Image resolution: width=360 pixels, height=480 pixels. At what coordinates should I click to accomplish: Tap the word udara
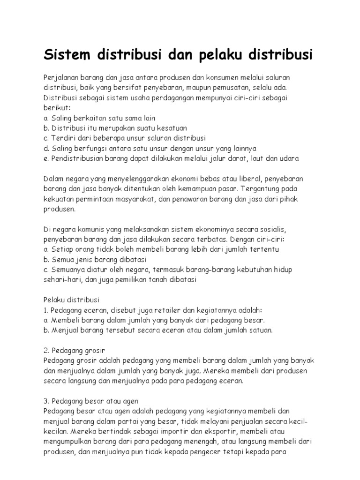[x=288, y=158]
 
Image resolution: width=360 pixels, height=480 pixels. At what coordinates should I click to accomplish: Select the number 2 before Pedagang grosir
[x=45, y=351]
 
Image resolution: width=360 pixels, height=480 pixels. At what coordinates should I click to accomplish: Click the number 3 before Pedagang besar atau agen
[x=45, y=401]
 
